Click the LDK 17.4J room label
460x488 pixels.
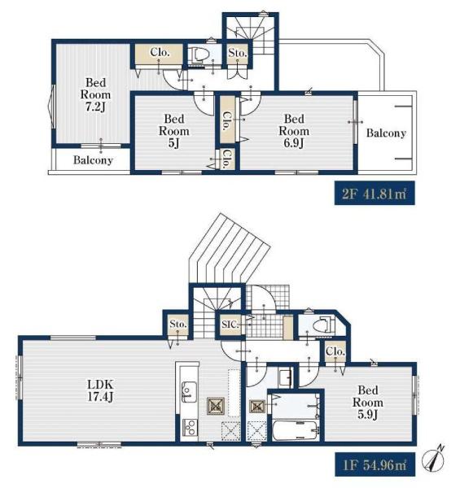(x=100, y=390)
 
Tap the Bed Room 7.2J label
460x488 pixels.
(x=95, y=94)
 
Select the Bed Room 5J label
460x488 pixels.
(x=174, y=131)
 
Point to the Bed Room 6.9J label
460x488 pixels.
(x=294, y=131)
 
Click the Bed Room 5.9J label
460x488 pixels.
(x=368, y=402)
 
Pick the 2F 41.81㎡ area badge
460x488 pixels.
(x=375, y=193)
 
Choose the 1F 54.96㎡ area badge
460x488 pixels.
(x=375, y=464)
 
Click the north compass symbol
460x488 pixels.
(x=433, y=458)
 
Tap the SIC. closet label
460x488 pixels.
(x=230, y=325)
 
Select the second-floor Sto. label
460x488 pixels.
(x=237, y=53)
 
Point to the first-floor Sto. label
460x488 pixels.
(x=178, y=324)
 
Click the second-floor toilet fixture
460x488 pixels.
(x=199, y=54)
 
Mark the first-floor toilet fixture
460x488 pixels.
(x=322, y=326)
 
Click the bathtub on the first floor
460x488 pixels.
(x=295, y=430)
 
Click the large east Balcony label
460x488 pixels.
(x=386, y=133)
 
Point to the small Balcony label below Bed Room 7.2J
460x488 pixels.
(x=93, y=160)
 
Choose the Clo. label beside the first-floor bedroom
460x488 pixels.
(x=335, y=351)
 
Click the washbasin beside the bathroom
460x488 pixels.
(x=285, y=377)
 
